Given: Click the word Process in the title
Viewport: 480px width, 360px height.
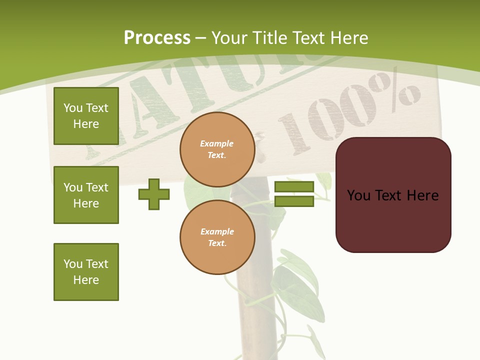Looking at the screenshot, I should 157,38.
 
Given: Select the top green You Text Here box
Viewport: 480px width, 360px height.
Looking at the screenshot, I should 86,116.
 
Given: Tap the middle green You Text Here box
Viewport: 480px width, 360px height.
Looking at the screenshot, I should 86,195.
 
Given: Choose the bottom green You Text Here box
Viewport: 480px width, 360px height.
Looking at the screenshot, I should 86,272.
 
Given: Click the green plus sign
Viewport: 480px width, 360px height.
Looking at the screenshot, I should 154,194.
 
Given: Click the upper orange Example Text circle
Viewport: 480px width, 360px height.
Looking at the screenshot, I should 217,149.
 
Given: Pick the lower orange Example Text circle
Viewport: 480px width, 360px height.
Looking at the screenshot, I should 217,237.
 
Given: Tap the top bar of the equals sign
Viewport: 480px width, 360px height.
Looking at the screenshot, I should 294,187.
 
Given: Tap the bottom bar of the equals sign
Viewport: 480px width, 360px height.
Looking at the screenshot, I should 294,201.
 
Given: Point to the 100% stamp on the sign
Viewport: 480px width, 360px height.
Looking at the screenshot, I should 345,115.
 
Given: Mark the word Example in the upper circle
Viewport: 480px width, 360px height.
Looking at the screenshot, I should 217,143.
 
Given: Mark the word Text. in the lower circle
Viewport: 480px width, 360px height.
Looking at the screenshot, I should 217,243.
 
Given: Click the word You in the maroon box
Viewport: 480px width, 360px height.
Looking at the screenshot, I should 358,195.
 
